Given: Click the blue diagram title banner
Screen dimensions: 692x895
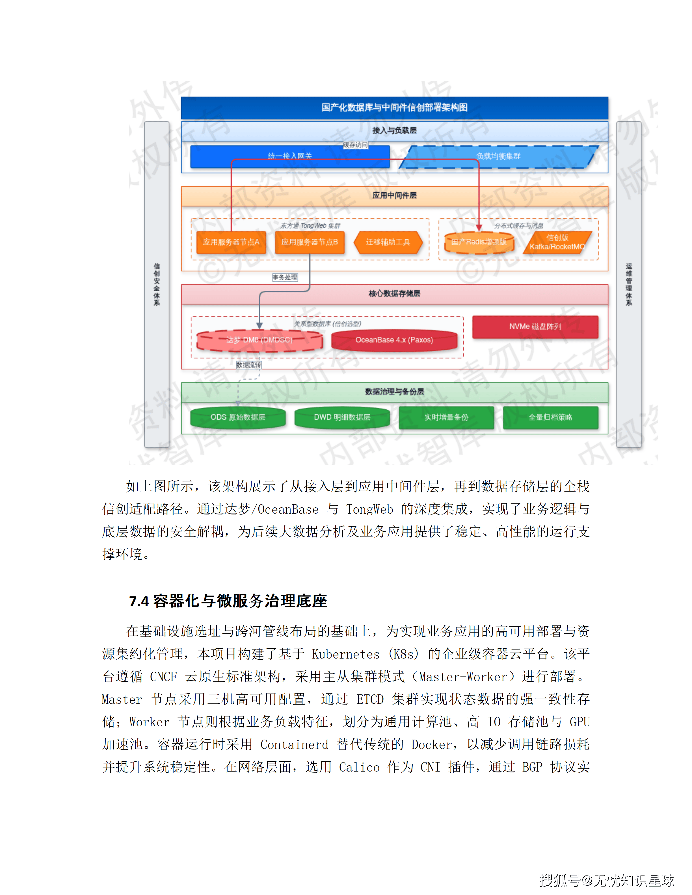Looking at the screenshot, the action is point(394,107).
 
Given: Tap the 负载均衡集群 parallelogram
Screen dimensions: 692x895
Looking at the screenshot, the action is point(498,156).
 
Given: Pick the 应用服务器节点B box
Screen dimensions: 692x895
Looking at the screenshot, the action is point(310,242).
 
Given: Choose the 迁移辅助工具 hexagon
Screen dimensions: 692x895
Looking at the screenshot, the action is point(388,242).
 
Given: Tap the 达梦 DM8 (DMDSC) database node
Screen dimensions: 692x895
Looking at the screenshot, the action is point(259,340).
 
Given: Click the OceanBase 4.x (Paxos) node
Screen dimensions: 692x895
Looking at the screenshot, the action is point(394,340).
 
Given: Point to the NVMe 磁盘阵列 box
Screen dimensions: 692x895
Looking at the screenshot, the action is point(535,327).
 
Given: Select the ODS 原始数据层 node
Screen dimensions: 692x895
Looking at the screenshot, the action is point(238,418).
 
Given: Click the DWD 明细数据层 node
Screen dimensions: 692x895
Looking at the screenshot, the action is point(342,418).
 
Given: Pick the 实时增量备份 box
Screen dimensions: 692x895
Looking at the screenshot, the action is point(446,418).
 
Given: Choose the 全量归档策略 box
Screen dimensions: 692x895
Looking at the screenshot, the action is point(550,418).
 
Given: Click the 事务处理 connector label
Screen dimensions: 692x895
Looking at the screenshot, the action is point(285,277).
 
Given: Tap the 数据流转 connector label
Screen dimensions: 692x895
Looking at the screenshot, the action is point(248,365).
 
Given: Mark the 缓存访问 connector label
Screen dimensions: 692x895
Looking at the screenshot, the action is point(355,145).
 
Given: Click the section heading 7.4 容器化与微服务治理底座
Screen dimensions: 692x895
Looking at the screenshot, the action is point(228,601).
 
